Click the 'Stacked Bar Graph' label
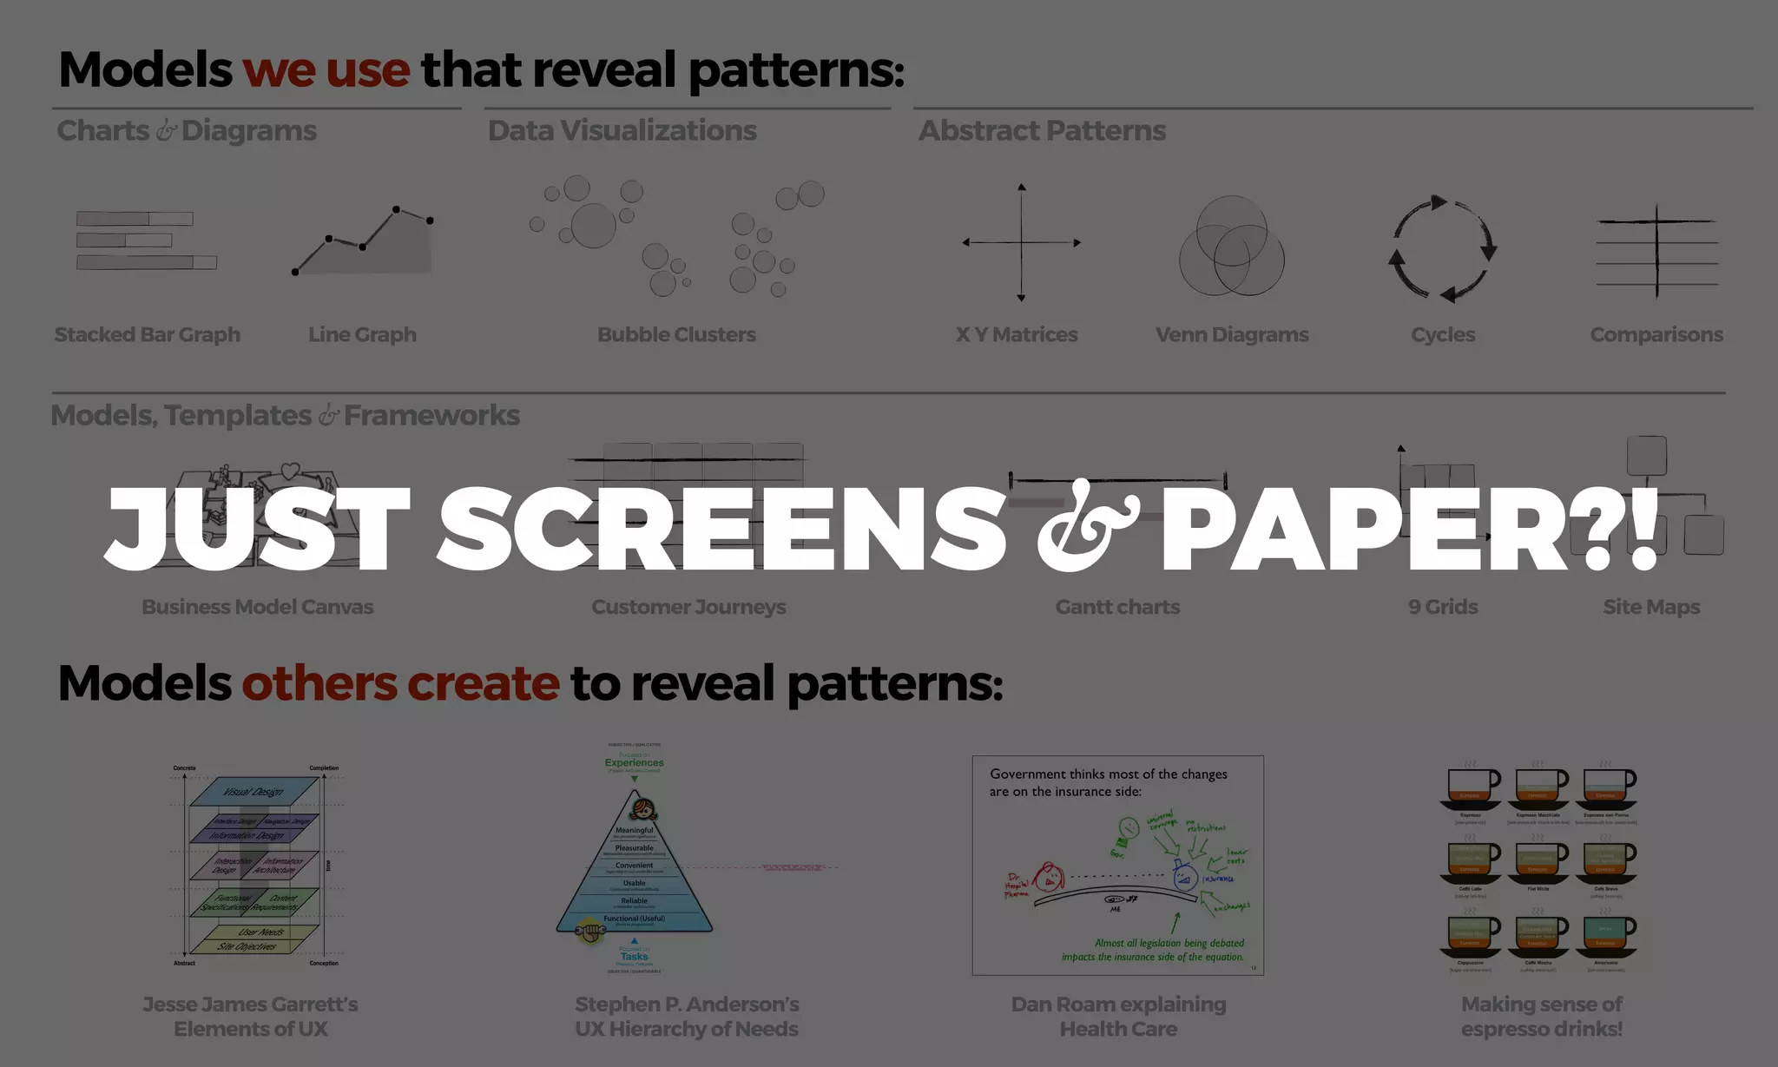click(x=147, y=334)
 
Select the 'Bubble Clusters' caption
click(x=676, y=334)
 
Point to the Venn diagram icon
click(x=1231, y=246)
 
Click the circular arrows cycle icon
click(x=1442, y=248)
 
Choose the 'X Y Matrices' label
click(x=1017, y=334)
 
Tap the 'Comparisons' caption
click(x=1656, y=334)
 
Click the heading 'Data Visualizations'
click(x=622, y=130)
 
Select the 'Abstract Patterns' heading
click(x=1042, y=130)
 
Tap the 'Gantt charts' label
click(x=1117, y=607)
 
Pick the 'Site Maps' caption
click(x=1651, y=607)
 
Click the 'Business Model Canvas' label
click(x=258, y=607)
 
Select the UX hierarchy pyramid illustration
click(x=635, y=868)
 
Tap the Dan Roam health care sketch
click(x=1117, y=866)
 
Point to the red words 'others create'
click(x=400, y=683)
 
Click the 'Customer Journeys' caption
click(x=688, y=607)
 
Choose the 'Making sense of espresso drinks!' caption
click(x=1542, y=1017)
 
